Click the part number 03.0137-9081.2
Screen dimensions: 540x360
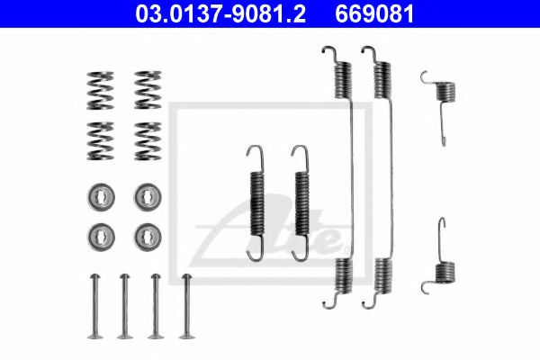tap(220, 13)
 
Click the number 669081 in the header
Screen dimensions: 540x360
tap(374, 13)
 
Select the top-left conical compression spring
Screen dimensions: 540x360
tap(100, 91)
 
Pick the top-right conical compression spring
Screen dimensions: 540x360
tap(148, 90)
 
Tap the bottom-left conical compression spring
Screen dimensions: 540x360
tap(100, 141)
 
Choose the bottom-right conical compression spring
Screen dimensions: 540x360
tap(148, 141)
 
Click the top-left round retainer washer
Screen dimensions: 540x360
tap(101, 197)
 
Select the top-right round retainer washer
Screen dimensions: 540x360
tap(148, 197)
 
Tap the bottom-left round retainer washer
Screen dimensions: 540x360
tap(101, 237)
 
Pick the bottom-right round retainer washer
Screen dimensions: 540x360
tap(148, 237)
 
